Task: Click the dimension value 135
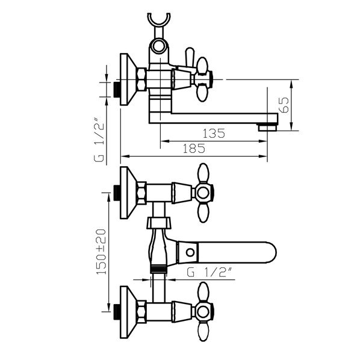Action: pos(214,134)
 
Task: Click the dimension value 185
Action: pos(194,149)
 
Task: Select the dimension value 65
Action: pos(285,105)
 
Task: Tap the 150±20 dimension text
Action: pos(101,252)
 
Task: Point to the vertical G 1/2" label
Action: pos(99,140)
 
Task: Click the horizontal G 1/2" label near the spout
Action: pos(209,272)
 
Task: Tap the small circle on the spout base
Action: pos(190,253)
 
